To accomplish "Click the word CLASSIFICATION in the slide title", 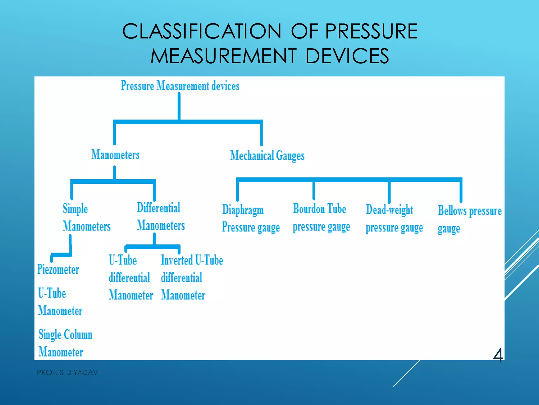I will pos(202,31).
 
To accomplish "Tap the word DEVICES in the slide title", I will pos(347,56).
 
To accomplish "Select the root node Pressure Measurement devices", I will pos(180,86).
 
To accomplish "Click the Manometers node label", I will pos(115,155).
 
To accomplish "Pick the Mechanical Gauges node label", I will pos(267,156).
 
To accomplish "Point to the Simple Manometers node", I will pos(86,218).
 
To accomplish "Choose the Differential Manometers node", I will pos(161,217).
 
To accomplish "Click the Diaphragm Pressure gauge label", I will pos(251,219).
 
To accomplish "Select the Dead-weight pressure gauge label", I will pos(394,219).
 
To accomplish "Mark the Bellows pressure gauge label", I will pos(469,219).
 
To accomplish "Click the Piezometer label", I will pos(58,269).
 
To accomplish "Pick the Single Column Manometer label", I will pos(65,343).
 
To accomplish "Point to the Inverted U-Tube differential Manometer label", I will pos(192,277).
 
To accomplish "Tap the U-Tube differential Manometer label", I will pos(131,277).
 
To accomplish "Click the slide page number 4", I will pos(498,355).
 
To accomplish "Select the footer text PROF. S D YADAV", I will pos(67,373).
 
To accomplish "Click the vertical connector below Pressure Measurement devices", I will pos(179,107).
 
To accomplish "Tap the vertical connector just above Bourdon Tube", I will pos(314,190).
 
